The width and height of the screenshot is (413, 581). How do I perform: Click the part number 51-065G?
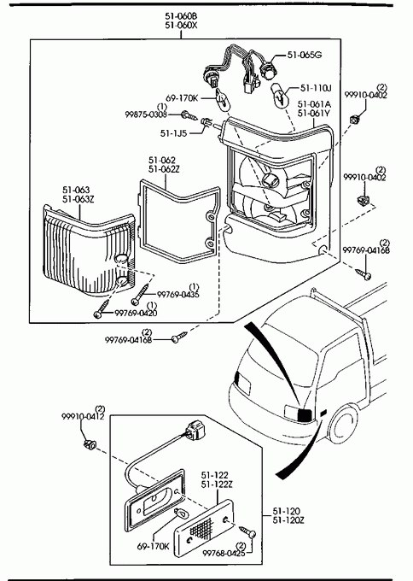(304, 55)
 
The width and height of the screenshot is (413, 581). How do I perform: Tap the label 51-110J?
(316, 88)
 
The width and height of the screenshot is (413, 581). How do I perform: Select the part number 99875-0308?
(146, 114)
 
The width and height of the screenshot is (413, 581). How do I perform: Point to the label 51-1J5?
(173, 133)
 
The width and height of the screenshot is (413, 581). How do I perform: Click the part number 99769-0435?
(178, 295)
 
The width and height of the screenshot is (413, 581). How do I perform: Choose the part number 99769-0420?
(136, 313)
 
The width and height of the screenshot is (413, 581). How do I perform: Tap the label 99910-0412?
(83, 416)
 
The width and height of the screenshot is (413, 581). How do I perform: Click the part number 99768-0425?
(224, 553)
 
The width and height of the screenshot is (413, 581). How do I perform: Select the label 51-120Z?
(288, 520)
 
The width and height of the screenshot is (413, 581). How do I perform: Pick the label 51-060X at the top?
(182, 26)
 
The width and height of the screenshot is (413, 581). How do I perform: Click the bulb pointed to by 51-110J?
(280, 96)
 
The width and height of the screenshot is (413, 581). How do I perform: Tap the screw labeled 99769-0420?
(102, 308)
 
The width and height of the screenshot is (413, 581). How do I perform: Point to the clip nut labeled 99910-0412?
(89, 443)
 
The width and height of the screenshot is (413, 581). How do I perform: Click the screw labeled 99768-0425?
(247, 531)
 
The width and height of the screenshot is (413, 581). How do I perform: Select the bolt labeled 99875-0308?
(189, 115)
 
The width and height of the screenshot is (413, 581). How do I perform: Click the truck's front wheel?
(343, 424)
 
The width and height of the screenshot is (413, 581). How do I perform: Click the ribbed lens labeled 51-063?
(88, 252)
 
